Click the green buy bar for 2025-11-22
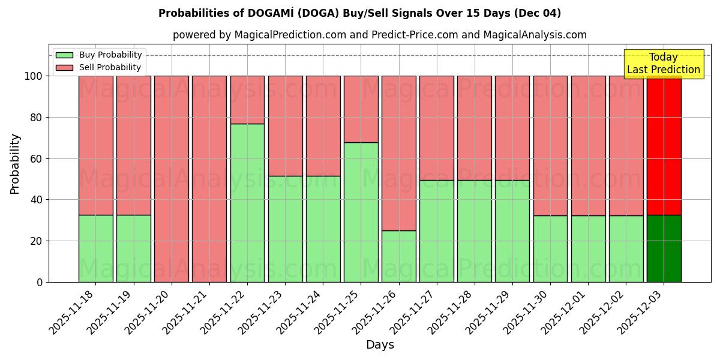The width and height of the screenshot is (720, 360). click(247, 203)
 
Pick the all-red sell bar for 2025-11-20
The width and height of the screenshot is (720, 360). click(172, 179)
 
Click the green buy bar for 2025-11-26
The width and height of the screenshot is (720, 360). click(398, 256)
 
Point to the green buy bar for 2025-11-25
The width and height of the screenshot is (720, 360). click(361, 212)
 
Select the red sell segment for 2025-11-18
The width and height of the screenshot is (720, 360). click(96, 145)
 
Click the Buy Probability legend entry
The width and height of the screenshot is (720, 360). click(98, 55)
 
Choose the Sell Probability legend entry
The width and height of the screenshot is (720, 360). click(98, 68)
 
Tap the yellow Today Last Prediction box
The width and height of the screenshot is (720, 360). click(663, 64)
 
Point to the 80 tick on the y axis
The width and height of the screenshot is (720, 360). click(37, 118)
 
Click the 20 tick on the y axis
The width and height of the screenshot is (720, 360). click(37, 241)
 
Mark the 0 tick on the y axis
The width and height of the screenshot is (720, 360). click(40, 282)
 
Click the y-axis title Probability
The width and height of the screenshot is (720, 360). click(15, 163)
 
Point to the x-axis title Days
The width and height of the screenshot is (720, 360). click(380, 345)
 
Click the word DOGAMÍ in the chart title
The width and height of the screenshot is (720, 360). click(260, 13)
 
